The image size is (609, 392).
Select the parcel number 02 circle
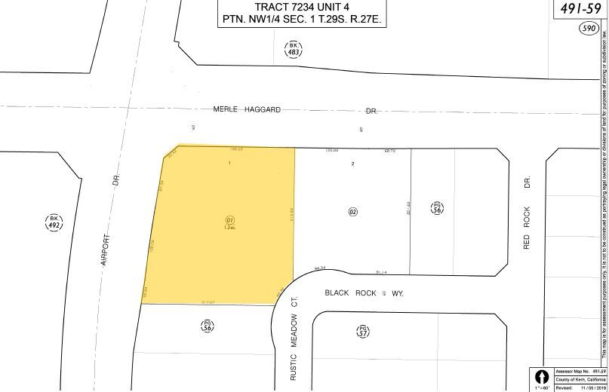click(x=373, y=213)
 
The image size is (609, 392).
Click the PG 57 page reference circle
click(x=364, y=330)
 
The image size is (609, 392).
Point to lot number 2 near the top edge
click(x=352, y=163)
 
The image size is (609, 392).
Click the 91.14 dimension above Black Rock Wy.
click(x=381, y=272)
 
